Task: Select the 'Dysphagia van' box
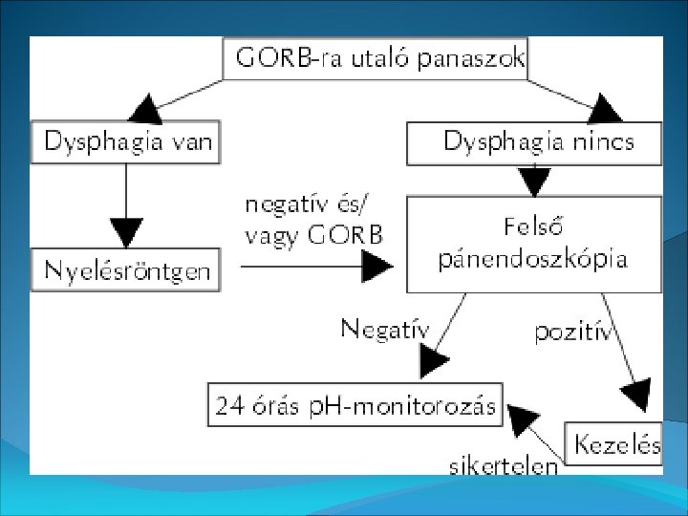(x=125, y=144)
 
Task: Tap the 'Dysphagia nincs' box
(x=535, y=144)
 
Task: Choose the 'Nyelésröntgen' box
(x=125, y=271)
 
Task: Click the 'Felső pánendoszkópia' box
(x=534, y=245)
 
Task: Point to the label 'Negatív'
(x=385, y=330)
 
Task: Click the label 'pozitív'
(x=573, y=332)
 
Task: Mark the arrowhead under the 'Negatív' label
(x=432, y=360)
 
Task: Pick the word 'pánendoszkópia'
(x=533, y=259)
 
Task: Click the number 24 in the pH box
(x=229, y=406)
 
